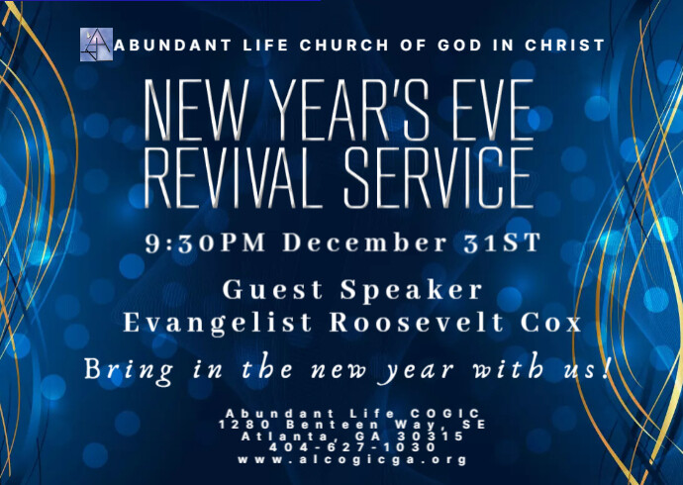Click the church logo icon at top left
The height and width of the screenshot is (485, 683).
point(96,46)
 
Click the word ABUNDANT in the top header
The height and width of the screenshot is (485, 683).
point(162,46)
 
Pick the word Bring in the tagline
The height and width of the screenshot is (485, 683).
point(123,371)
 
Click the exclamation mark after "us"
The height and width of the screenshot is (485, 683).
point(603,368)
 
